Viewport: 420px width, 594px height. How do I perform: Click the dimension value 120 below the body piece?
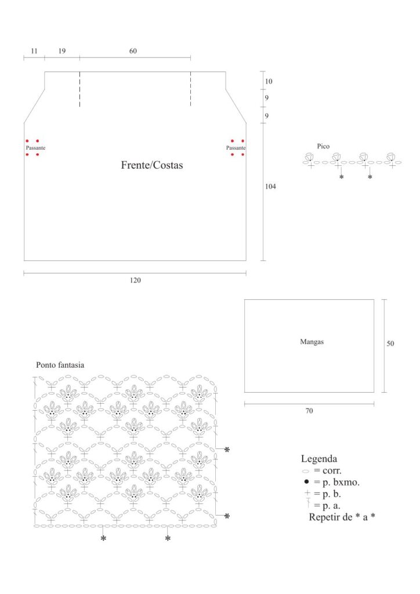click(135, 280)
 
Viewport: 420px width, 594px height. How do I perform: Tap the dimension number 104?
click(270, 186)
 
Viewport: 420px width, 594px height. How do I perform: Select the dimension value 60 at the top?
click(133, 51)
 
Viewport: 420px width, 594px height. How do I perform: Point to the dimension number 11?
click(34, 51)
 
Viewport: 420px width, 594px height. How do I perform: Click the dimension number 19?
click(62, 51)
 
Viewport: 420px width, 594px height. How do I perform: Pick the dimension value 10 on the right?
click(269, 81)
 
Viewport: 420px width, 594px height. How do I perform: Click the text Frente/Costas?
click(152, 165)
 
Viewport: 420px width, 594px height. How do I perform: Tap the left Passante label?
click(35, 148)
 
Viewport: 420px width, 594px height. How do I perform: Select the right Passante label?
click(236, 148)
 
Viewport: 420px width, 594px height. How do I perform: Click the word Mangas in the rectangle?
click(312, 342)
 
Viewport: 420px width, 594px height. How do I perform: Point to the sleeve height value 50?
click(390, 343)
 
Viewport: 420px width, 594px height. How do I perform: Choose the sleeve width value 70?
click(309, 411)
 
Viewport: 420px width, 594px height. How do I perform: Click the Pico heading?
click(323, 146)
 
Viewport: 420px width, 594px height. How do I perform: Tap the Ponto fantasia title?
click(60, 365)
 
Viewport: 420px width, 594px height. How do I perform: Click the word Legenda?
click(319, 459)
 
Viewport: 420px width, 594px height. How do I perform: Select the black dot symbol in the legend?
click(306, 482)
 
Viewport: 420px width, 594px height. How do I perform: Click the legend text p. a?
click(331, 506)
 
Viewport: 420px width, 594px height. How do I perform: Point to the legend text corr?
click(332, 471)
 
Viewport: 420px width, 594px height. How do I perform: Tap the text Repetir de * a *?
click(342, 517)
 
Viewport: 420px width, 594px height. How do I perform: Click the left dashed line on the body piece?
click(79, 89)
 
